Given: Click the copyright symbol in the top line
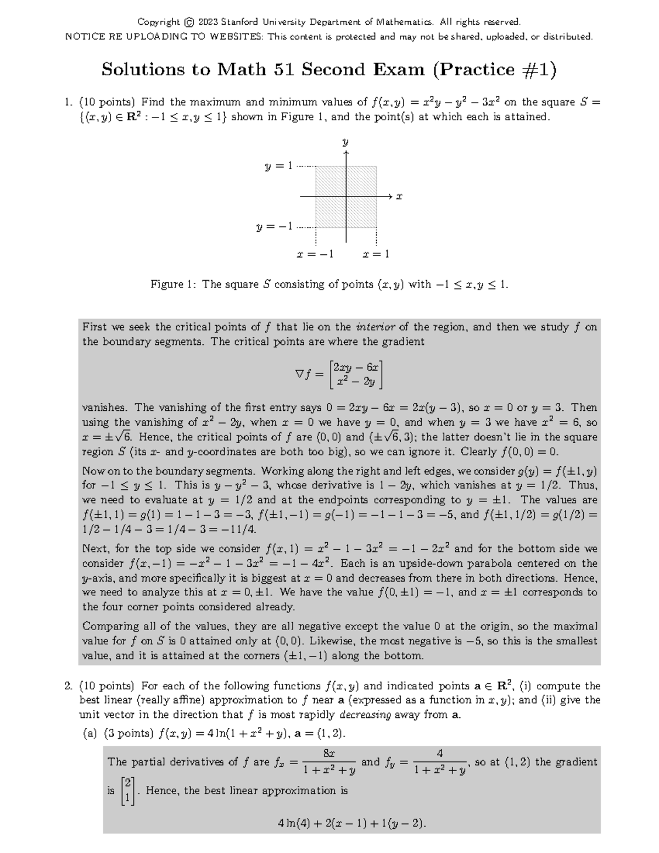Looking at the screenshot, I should [x=189, y=23].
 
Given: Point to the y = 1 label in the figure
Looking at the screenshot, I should [x=280, y=166].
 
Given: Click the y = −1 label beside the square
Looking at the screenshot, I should [x=275, y=226].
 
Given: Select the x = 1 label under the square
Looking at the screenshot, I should [x=376, y=254].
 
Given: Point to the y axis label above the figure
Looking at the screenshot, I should [x=345, y=142].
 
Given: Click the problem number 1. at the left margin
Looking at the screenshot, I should [x=69, y=102].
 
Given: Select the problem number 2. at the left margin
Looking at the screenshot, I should [x=69, y=686].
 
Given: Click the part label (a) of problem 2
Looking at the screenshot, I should [x=89, y=734].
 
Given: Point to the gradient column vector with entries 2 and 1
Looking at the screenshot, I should [x=127, y=791].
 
